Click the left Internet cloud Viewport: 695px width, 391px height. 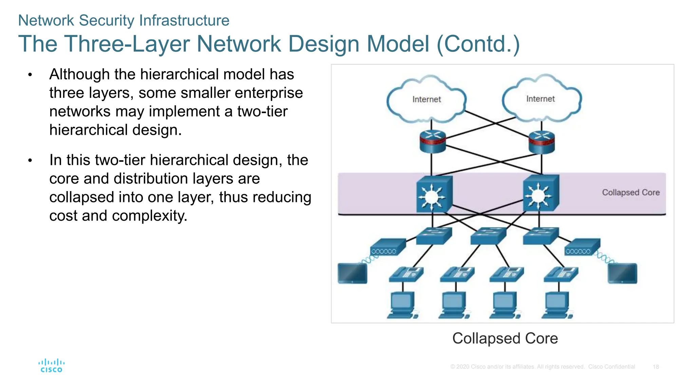coord(426,99)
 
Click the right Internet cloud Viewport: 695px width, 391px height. coord(541,98)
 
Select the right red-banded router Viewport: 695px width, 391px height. coord(542,142)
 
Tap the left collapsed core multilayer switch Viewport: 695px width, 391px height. coord(434,194)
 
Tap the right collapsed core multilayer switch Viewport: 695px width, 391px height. coord(541,194)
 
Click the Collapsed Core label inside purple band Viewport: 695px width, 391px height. coord(631,192)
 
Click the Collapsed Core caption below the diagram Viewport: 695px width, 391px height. coord(505,338)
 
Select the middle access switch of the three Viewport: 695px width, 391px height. coord(488,236)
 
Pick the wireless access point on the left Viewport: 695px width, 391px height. coord(387,247)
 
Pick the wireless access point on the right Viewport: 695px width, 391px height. coord(582,247)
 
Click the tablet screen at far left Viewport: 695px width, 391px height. coord(353,273)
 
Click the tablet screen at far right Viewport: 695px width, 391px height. coord(622,273)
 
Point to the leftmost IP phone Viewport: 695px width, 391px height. coord(406,275)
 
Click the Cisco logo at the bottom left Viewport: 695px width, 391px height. coord(51,366)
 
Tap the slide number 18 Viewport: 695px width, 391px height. coord(656,367)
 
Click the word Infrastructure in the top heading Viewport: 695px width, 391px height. coord(184,20)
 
